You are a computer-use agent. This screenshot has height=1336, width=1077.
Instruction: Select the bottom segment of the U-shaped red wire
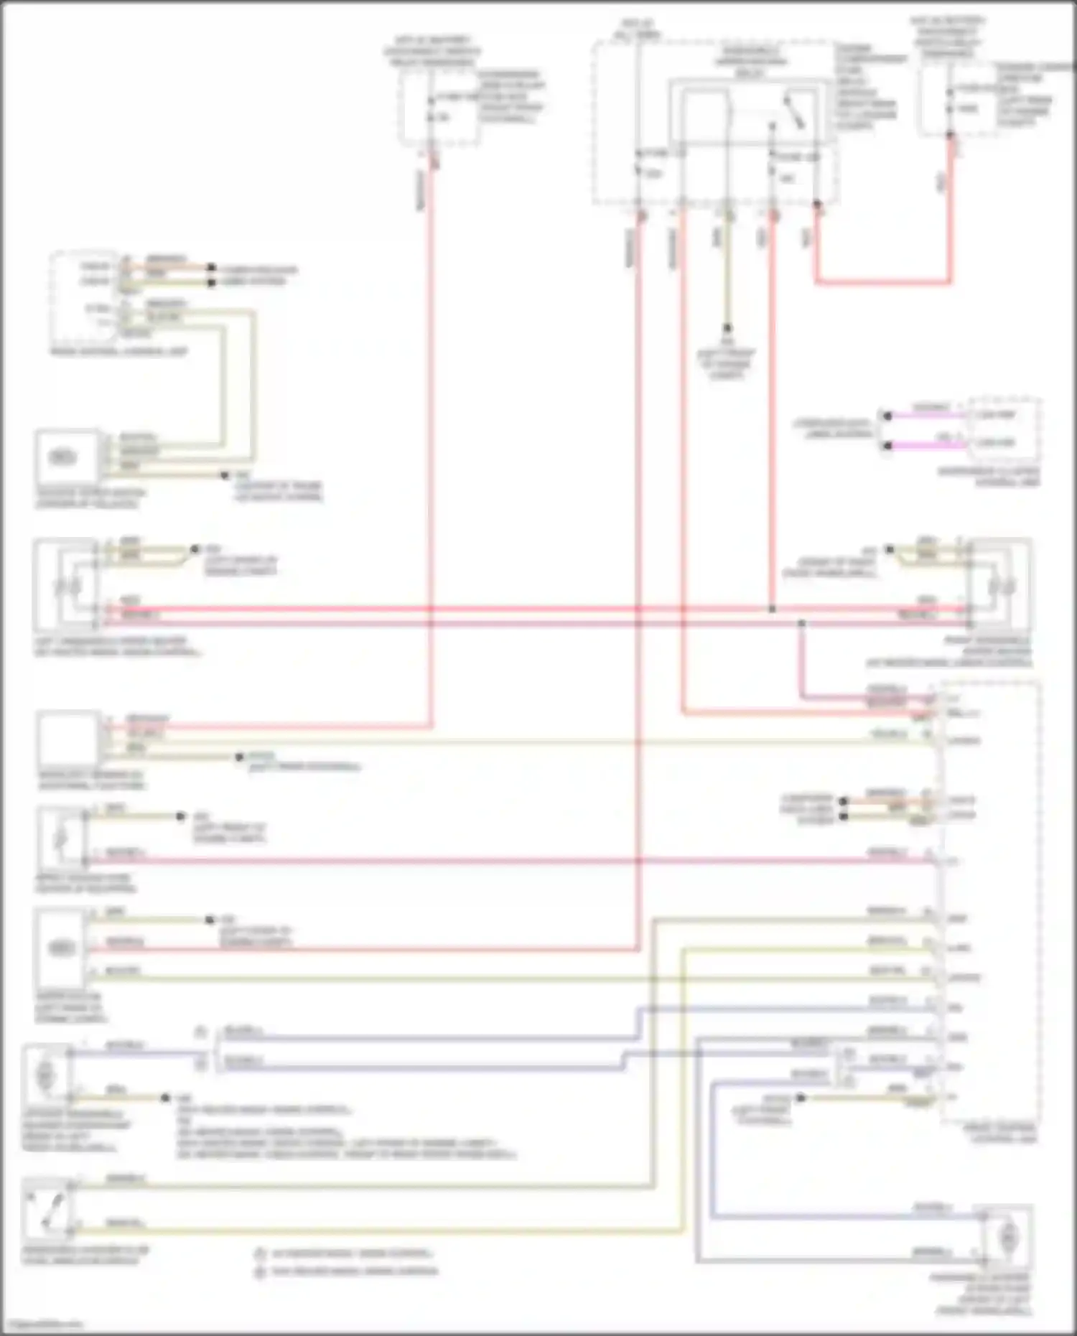pyautogui.click(x=883, y=281)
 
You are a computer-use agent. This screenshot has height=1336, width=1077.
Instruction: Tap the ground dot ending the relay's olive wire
pyautogui.click(x=727, y=328)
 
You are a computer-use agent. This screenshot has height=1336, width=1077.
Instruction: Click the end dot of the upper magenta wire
pyautogui.click(x=887, y=416)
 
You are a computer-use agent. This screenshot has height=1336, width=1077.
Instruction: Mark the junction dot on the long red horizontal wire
pyautogui.click(x=772, y=609)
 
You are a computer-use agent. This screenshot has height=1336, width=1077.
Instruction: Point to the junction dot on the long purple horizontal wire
pyautogui.click(x=801, y=623)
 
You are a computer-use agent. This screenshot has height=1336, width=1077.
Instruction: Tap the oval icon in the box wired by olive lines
pyautogui.click(x=63, y=457)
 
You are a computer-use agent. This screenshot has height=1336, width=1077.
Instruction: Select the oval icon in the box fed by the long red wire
pyautogui.click(x=62, y=948)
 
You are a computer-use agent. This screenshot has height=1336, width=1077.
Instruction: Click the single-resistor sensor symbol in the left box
pyautogui.click(x=62, y=836)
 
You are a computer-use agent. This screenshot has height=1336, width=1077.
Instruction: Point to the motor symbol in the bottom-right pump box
pyautogui.click(x=1009, y=1238)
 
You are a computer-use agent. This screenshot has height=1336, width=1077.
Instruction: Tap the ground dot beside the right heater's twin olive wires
pyautogui.click(x=889, y=549)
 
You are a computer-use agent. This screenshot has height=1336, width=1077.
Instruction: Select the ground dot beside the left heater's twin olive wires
pyautogui.click(x=195, y=549)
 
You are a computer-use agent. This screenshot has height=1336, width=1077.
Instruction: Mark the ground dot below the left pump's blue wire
pyautogui.click(x=165, y=1098)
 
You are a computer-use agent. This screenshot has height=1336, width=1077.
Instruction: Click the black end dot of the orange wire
pyautogui.click(x=211, y=267)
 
